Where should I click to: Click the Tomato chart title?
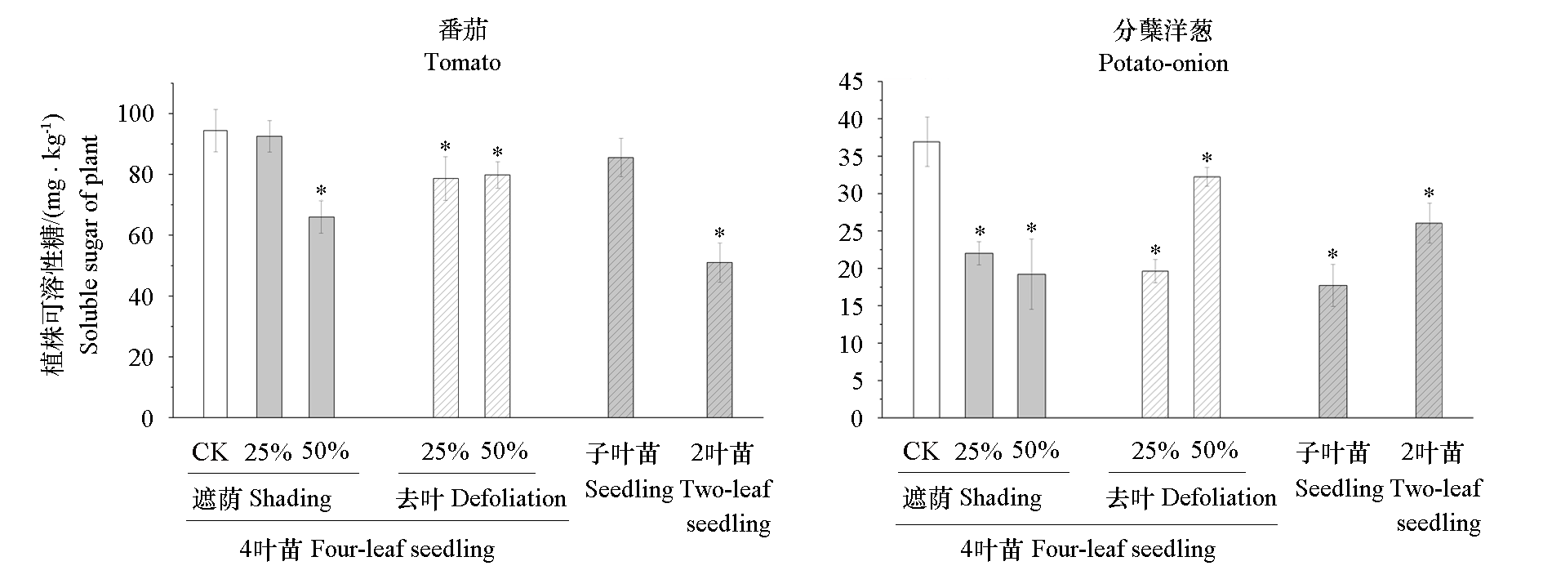[x=462, y=62]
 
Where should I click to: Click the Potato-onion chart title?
[x=1163, y=63]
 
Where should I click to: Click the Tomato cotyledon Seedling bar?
[x=620, y=287]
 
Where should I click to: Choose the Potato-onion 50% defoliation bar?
[x=1207, y=297]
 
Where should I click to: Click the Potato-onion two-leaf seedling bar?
[x=1429, y=320]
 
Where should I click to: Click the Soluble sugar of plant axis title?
[x=90, y=245]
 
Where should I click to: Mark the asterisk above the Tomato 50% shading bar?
[x=321, y=191]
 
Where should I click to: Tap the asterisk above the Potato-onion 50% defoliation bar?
[x=1207, y=158]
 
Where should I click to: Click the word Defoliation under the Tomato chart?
[x=508, y=498]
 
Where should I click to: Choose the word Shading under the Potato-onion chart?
[x=1000, y=497]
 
